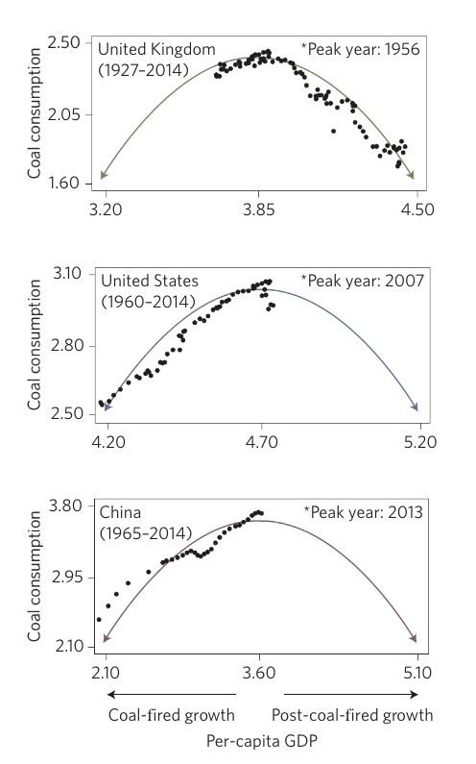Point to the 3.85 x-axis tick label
260,207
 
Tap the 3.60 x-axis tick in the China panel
259,675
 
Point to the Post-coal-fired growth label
352,714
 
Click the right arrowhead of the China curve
416,640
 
